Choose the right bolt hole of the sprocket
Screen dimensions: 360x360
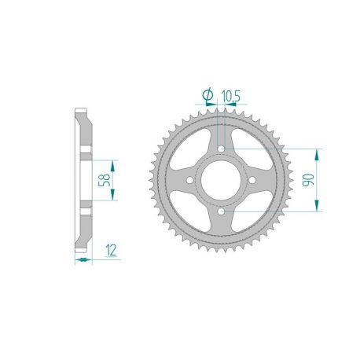tap(253, 181)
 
